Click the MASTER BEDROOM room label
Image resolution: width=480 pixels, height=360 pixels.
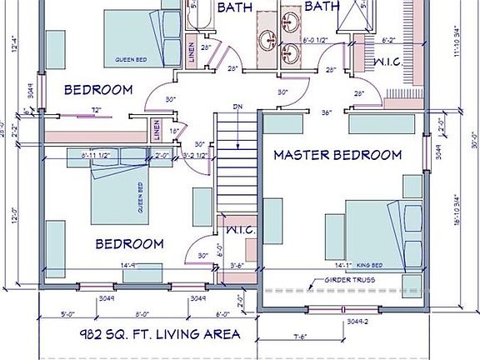click(x=337, y=155)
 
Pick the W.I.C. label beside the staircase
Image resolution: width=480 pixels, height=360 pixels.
click(x=238, y=230)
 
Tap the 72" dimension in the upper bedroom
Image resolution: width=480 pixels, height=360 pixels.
click(x=97, y=110)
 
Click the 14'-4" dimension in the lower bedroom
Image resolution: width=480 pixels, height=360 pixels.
click(x=128, y=266)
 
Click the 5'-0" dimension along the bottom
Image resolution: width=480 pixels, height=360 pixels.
click(x=71, y=314)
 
